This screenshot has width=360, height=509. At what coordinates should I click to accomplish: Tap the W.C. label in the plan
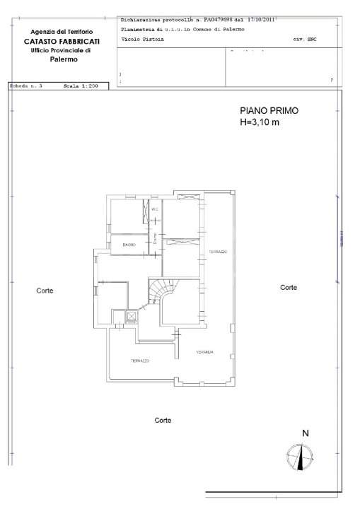(x=155, y=210)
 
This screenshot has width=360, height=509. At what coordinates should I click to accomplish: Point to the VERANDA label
(x=204, y=352)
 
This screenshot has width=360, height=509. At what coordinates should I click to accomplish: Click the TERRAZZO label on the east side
(x=217, y=252)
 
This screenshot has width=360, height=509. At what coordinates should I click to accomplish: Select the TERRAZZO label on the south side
(x=140, y=361)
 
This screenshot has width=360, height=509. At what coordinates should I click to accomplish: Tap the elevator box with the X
(x=131, y=317)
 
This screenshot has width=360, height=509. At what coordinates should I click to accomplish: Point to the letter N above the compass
(x=306, y=433)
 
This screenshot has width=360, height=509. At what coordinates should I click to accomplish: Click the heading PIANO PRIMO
(x=269, y=111)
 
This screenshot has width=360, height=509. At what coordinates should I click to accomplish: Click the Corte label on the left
(x=45, y=291)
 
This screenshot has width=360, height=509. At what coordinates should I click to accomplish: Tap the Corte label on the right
(x=288, y=288)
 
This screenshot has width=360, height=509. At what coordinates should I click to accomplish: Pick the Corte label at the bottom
(x=163, y=420)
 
